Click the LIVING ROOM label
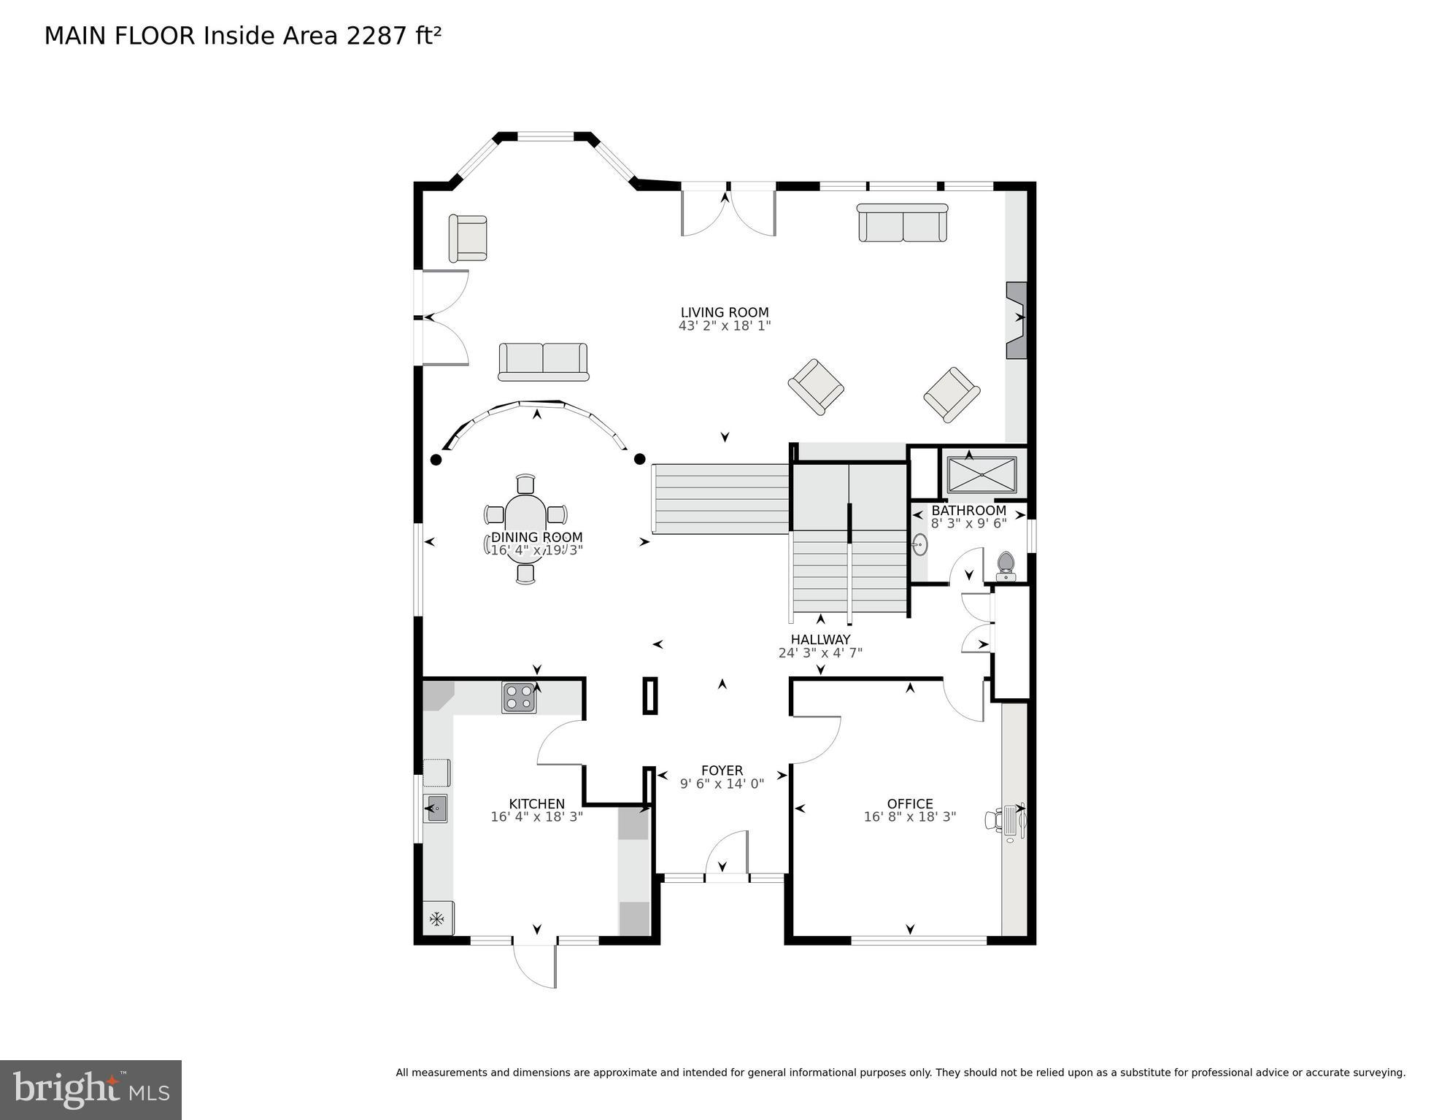(724, 313)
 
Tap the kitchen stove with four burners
(519, 698)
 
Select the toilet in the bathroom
(1006, 565)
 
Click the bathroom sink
(920, 544)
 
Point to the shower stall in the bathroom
(982, 475)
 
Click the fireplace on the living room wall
(1016, 320)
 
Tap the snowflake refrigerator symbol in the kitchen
(437, 919)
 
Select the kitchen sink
(436, 808)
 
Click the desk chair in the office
(993, 819)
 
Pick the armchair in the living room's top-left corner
(468, 237)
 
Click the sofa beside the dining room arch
(543, 362)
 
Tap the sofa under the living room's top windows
(902, 223)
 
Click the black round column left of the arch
(436, 460)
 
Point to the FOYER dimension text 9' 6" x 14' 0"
(722, 784)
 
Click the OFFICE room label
(909, 804)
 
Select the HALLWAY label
(820, 640)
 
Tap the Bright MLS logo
(90, 1089)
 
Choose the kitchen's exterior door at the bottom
(535, 965)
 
